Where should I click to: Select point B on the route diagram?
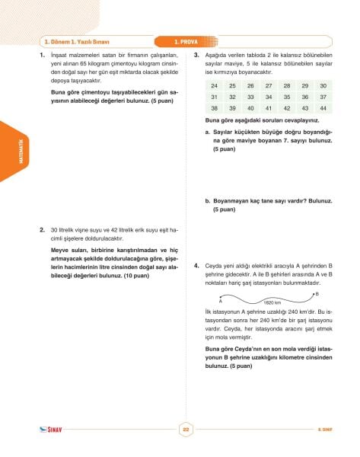pyautogui.click(x=317, y=292)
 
